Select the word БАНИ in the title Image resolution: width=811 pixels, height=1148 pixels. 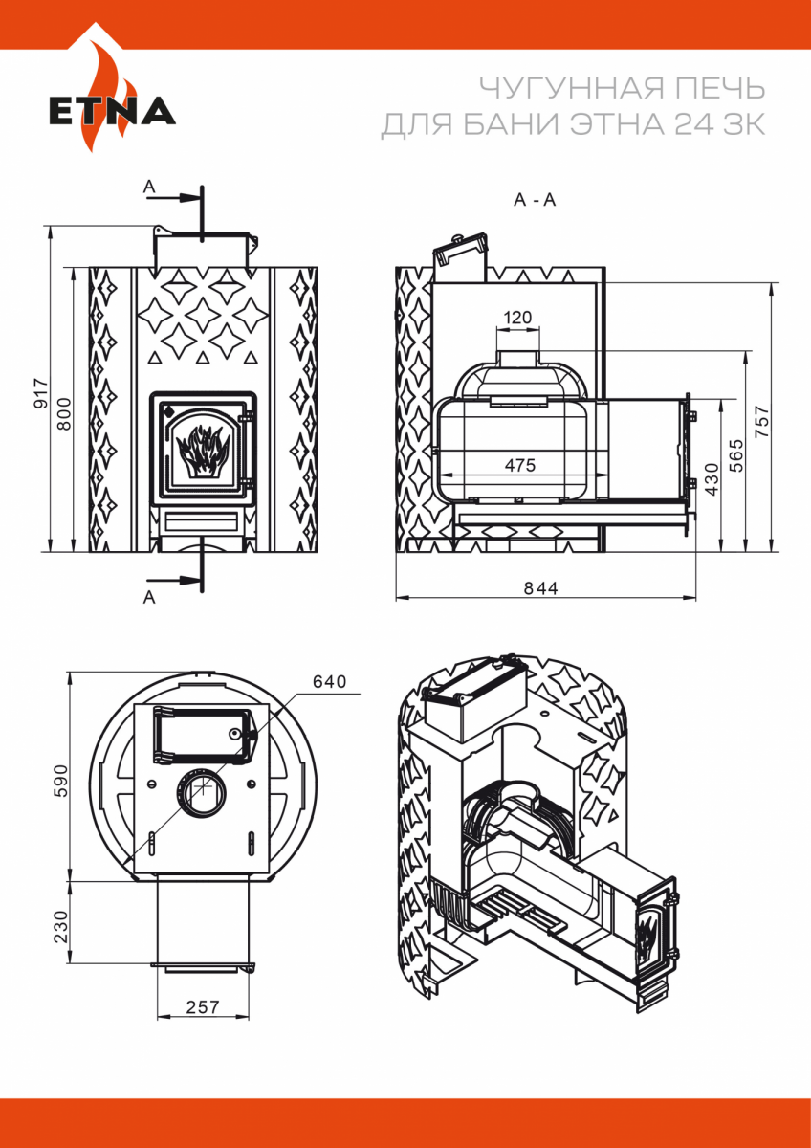[x=535, y=125]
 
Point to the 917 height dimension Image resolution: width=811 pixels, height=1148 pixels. [x=40, y=391]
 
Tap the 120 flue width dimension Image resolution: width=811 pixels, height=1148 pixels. [x=516, y=318]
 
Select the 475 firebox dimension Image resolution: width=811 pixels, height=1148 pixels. [x=519, y=464]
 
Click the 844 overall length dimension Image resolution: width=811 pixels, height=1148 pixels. [x=540, y=587]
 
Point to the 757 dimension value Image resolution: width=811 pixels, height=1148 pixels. [x=762, y=421]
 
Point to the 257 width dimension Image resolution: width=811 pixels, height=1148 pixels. [x=203, y=1006]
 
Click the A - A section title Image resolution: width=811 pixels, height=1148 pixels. [x=535, y=200]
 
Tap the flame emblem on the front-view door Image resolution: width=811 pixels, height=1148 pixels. [x=203, y=448]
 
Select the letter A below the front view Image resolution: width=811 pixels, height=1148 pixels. [x=148, y=597]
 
